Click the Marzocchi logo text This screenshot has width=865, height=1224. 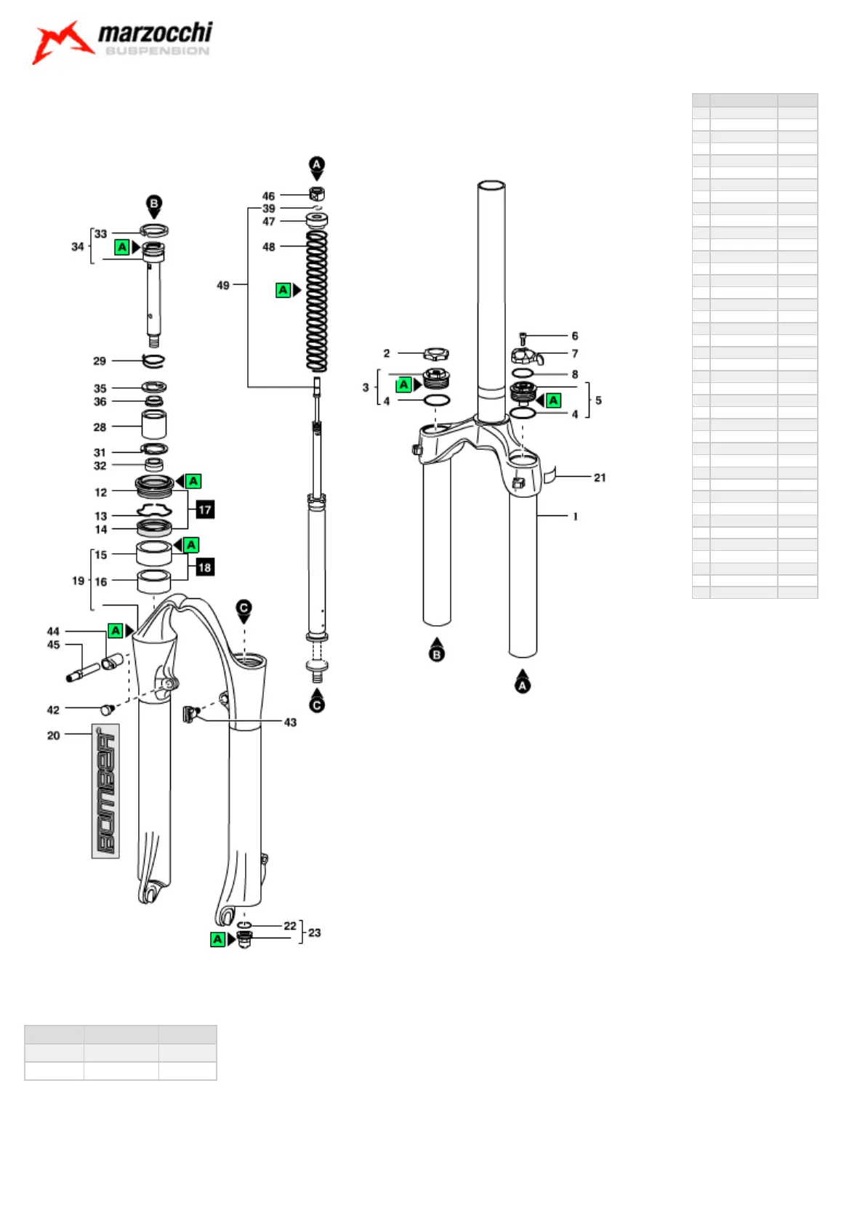155,33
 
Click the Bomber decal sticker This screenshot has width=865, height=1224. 105,791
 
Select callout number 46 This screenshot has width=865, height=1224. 268,196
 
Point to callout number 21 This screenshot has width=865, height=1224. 600,478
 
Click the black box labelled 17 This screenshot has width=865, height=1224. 205,510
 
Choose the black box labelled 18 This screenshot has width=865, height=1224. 205,567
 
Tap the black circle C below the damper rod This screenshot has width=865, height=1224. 317,704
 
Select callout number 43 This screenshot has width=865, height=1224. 290,722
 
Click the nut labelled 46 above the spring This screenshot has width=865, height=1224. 317,194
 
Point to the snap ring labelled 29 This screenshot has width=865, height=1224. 153,360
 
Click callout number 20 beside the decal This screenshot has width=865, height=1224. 53,736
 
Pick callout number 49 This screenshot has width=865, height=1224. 223,286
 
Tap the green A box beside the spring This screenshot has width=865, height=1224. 283,290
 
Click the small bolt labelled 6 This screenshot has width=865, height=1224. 523,337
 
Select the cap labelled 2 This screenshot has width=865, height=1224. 435,354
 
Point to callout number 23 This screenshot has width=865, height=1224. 314,933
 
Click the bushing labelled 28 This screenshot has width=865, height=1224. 153,424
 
